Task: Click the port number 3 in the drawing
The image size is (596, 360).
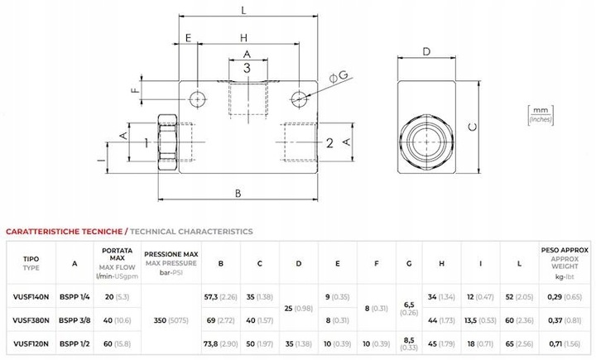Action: (247, 69)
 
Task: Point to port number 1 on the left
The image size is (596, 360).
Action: (147, 143)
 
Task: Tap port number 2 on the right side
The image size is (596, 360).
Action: (329, 143)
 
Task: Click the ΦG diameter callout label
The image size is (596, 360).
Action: (339, 76)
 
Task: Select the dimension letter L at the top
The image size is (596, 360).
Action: (243, 10)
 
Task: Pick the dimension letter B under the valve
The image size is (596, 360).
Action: (238, 194)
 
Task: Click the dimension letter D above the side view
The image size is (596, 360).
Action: (426, 51)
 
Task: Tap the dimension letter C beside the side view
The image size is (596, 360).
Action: (473, 127)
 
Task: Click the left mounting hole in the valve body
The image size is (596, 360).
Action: (197, 99)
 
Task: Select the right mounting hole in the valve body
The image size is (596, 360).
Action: (299, 99)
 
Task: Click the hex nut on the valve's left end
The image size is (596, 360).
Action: (167, 143)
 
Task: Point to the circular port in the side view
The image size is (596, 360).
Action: (426, 142)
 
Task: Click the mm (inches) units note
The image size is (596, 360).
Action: (541, 115)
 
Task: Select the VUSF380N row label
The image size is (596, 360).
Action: (31, 320)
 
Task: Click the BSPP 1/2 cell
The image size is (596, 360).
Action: (74, 344)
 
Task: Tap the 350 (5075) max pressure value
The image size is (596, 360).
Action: (171, 320)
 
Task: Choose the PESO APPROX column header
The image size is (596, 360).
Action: (565, 251)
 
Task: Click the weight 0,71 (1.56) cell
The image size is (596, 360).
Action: (565, 344)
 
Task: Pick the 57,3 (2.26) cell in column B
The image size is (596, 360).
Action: (220, 297)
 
